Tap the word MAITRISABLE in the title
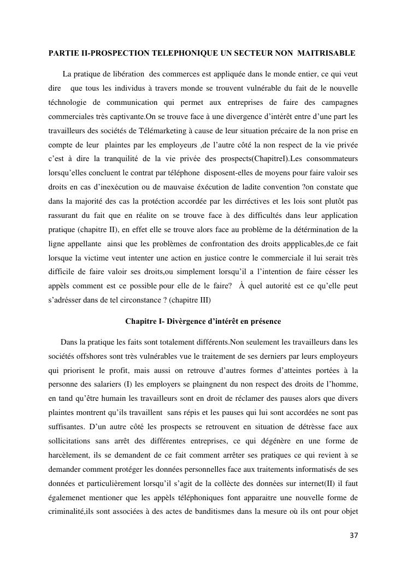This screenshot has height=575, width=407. point(328,53)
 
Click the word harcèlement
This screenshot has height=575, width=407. point(69,455)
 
